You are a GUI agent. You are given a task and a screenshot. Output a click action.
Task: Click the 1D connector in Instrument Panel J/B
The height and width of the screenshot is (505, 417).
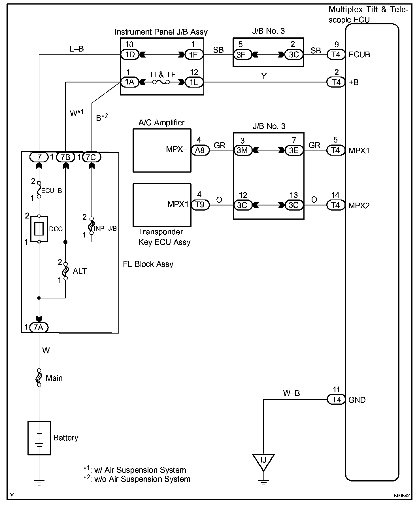coord(130,54)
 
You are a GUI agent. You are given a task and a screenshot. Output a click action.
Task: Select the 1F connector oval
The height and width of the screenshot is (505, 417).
coord(194,54)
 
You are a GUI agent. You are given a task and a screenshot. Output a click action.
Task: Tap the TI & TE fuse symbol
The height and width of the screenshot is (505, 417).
coord(161,82)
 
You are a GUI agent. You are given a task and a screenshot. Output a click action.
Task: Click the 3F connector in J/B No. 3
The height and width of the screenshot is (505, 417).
coord(242,54)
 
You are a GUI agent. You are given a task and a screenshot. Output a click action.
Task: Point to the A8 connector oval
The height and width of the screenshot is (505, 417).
coord(200,150)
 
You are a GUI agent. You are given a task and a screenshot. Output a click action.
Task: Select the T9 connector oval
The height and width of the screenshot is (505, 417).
coord(200,205)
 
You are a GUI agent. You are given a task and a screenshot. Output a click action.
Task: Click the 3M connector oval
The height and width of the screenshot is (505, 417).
coord(242,150)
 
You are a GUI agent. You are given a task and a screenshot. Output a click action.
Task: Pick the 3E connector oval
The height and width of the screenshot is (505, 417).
coord(294,150)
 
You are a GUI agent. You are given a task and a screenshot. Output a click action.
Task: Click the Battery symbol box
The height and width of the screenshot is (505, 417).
coord(39,438)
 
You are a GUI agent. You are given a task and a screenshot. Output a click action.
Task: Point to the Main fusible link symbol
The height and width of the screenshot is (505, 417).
coord(39,378)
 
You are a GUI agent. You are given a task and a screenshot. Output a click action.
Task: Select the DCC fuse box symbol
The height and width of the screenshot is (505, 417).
coord(39,229)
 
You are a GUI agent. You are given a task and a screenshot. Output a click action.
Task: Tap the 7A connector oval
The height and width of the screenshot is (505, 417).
coord(39,328)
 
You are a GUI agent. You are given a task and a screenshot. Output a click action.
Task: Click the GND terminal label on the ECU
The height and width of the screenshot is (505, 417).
coord(357,400)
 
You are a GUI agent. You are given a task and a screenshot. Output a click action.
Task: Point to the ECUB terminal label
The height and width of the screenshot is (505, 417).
coord(359,54)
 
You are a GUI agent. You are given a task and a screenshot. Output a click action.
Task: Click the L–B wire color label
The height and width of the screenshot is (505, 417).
coord(77,49)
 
